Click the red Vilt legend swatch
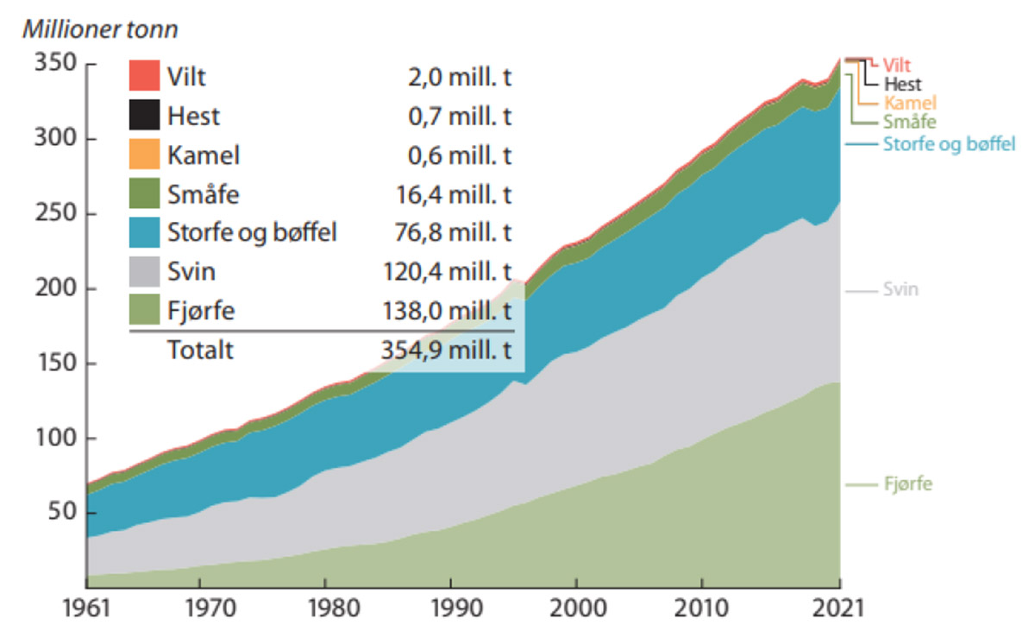pyautogui.click(x=144, y=76)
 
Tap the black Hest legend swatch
pyautogui.click(x=144, y=116)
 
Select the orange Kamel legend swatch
pyautogui.click(x=144, y=155)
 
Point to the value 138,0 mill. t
pyautogui.click(x=448, y=312)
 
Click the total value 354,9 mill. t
pyautogui.click(x=448, y=351)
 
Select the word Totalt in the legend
pyautogui.click(x=200, y=351)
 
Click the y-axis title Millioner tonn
pyautogui.click(x=100, y=29)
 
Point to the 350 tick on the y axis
pyautogui.click(x=53, y=65)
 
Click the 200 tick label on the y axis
pyautogui.click(x=53, y=289)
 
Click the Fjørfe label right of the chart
pyautogui.click(x=907, y=484)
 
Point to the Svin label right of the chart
pyautogui.click(x=900, y=290)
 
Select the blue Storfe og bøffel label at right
pyautogui.click(x=949, y=144)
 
